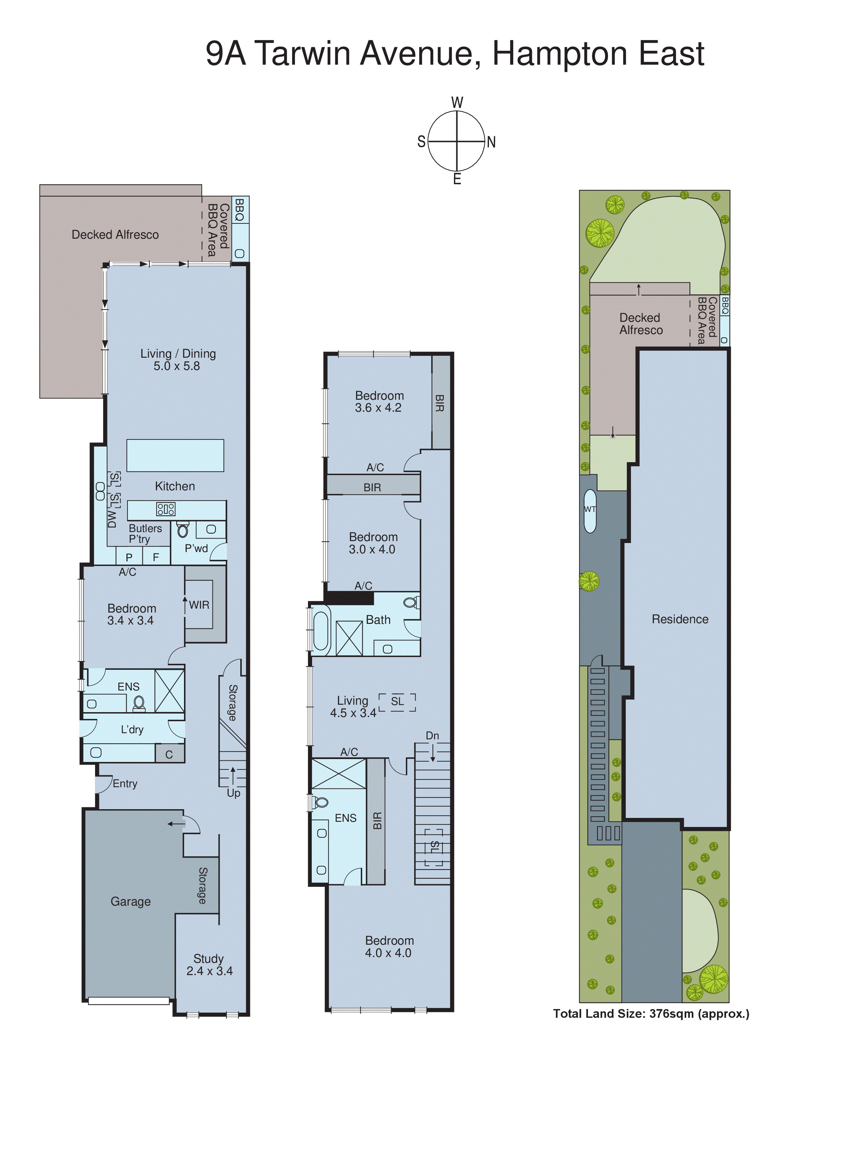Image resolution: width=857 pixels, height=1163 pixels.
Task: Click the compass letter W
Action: click(x=457, y=102)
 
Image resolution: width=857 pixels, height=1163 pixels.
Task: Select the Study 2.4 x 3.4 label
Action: click(x=209, y=964)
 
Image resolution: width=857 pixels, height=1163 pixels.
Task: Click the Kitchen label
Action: click(x=175, y=486)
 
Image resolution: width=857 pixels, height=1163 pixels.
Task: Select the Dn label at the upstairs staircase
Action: click(x=432, y=735)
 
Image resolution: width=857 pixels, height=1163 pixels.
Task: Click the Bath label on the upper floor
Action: click(x=378, y=620)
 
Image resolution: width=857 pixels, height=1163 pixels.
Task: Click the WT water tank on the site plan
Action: click(x=590, y=509)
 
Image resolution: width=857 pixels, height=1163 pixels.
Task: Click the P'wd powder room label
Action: click(x=196, y=548)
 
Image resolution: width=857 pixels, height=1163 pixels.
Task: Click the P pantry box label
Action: click(x=129, y=557)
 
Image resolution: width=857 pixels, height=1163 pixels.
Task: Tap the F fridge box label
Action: click(x=156, y=557)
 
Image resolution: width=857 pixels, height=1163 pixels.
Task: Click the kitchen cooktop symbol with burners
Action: click(x=166, y=509)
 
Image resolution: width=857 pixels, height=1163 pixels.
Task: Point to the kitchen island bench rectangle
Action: click(x=175, y=455)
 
